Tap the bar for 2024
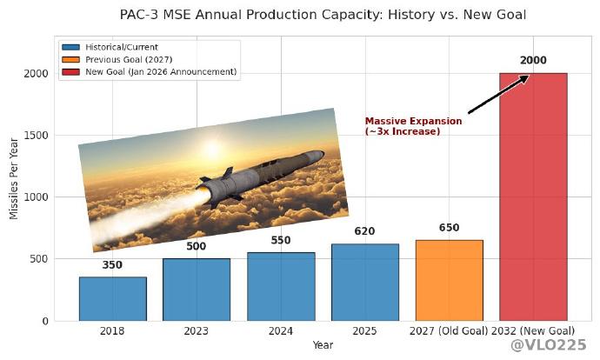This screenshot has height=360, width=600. [281, 286]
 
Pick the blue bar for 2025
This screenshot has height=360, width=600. [364, 282]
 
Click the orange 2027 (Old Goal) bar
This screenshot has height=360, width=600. [449, 280]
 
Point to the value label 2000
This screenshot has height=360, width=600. [533, 60]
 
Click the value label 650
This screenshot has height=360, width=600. [449, 228]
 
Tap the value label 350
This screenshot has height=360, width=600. [112, 265]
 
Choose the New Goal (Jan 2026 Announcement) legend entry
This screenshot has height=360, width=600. [148, 71]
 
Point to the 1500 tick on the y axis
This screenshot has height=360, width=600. [36, 136]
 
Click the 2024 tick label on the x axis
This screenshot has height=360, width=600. [281, 330]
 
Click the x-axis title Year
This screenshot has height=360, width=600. [323, 345]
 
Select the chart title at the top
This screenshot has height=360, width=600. [323, 15]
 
